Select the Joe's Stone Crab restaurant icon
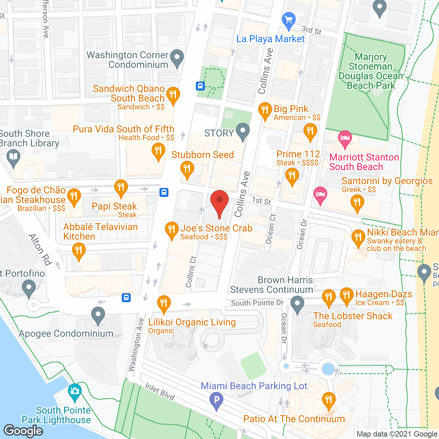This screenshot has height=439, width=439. pyautogui.click(x=171, y=231)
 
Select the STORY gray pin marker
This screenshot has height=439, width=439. pyautogui.click(x=243, y=132)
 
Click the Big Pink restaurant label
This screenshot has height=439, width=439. pyautogui.click(x=291, y=109)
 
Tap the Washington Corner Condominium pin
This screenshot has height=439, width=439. pyautogui.click(x=177, y=58)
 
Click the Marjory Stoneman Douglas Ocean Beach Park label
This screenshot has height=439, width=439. pyautogui.click(x=371, y=71)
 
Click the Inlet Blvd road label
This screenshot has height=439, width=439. pyautogui.click(x=160, y=391)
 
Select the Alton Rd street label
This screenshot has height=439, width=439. pyautogui.click(x=40, y=249)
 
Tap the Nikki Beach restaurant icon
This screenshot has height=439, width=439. pyautogui.click(x=358, y=238)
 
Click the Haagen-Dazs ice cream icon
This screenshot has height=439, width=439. pyautogui.click(x=346, y=296)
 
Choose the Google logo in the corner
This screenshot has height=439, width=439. pyautogui.click(x=23, y=430)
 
